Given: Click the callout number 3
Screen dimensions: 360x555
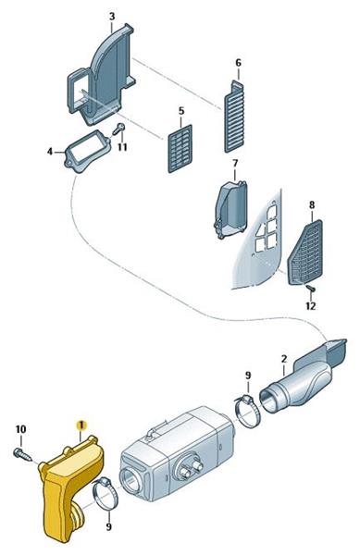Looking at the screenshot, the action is coord(112,17).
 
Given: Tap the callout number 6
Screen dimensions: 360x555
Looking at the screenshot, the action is coord(238,63).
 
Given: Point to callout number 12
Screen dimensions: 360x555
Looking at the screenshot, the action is coord(310,305).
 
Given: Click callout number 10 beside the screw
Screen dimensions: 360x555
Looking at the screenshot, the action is coord(21,429).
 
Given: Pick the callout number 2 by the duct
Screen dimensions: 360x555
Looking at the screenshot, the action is coord(284,359).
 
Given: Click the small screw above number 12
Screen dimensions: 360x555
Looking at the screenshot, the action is coord(311,289).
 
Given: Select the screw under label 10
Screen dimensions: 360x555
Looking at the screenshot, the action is coord(22,455).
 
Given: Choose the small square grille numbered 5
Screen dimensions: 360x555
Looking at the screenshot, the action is coord(180,149).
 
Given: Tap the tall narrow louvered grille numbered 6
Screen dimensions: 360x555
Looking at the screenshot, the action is coord(234,117).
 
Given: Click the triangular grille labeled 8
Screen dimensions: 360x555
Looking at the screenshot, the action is coord(305,252).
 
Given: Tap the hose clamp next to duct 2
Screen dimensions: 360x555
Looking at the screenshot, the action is coord(248,412).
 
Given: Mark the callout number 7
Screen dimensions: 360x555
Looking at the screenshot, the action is coord(235,164).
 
